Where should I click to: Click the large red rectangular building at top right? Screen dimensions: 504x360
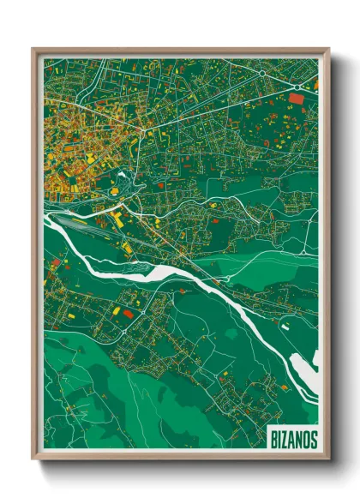coord(297,99)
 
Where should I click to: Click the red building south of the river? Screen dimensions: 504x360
coord(129,314)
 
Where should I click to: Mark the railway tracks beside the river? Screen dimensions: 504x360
coord(94,228)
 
